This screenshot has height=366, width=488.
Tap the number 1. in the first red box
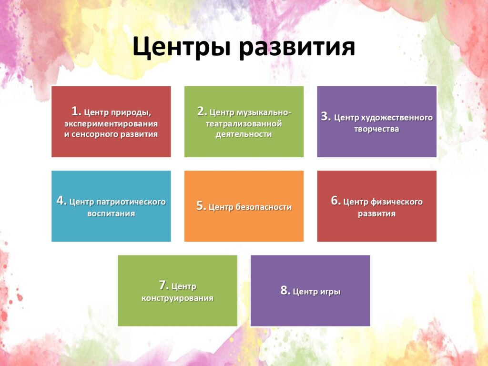click(76, 111)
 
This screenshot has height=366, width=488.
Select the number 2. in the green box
click(202, 111)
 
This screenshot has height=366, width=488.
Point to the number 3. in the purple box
click(326, 116)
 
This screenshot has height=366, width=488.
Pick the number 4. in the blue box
click(61, 201)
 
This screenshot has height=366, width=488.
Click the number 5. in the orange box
click(202, 206)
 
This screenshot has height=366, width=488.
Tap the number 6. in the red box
click(336, 201)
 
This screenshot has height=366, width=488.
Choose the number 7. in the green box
click(164, 285)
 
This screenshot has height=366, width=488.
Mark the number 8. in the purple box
click(285, 290)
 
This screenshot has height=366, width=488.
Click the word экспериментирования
click(111, 124)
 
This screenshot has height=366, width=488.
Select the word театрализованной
click(244, 124)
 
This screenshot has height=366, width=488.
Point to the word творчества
click(376, 129)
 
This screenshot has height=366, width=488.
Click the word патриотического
click(131, 202)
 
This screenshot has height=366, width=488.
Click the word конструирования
click(177, 298)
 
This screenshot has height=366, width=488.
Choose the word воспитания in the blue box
click(111, 214)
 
